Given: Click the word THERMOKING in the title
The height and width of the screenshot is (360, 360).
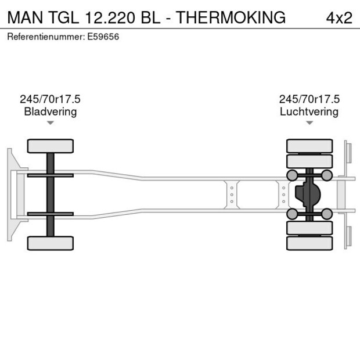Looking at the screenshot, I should tap(231, 17).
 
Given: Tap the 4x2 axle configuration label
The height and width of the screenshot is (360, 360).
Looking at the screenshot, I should tap(339, 17).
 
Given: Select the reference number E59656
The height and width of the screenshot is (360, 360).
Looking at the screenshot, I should tap(105, 37).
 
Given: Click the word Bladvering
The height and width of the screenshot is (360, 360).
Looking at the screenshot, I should tap(50, 111).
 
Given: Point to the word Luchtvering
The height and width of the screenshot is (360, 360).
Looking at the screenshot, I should tap(309, 111).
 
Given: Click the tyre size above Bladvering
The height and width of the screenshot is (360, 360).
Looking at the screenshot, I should tap(50, 99).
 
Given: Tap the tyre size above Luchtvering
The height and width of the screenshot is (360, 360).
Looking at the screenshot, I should tap(309, 99).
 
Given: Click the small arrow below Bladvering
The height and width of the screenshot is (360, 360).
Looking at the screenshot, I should tap(50, 123).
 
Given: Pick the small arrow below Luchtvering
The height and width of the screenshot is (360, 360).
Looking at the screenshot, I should tap(309, 123).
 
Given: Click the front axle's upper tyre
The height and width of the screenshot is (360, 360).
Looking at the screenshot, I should tap(50, 146).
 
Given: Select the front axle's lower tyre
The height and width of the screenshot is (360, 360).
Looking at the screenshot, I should tap(50, 243).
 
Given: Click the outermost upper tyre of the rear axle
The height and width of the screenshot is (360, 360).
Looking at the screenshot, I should tap(309, 146).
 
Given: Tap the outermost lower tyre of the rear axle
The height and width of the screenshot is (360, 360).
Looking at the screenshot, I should tap(309, 243).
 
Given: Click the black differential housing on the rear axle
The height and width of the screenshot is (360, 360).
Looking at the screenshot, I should tap(308, 195).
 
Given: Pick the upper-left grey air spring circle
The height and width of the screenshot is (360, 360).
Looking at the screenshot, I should tap(291, 175).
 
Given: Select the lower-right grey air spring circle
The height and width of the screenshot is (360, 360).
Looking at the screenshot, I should tap(327, 214).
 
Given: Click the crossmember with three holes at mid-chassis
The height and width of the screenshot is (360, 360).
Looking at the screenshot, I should tap(232, 195).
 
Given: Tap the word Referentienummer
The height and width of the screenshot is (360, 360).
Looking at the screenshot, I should tap(44, 37).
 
